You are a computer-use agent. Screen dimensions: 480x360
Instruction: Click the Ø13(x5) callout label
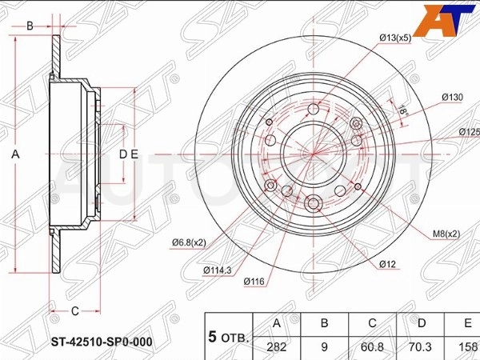coord(395,38)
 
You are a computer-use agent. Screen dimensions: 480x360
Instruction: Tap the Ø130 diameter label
coord(453,98)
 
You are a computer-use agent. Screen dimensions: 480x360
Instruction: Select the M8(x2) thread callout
coord(446,234)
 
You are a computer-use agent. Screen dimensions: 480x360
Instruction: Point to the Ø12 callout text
coord(387,264)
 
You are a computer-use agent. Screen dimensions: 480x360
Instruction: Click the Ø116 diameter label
coord(254,281)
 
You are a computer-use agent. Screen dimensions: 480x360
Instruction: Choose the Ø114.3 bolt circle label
coord(218,270)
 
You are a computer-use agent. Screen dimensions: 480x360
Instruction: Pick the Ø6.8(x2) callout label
coord(189,242)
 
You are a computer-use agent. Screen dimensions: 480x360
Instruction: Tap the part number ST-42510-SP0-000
coord(102,342)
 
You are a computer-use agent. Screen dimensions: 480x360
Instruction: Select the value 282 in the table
coord(277,347)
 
